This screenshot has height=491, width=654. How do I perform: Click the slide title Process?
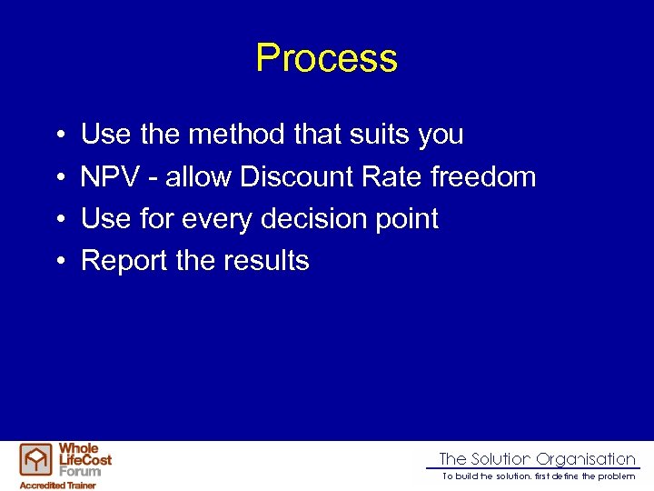pyautogui.click(x=326, y=58)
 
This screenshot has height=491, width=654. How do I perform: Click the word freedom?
pyautogui.click(x=483, y=176)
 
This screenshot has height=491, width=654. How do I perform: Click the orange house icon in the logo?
pyautogui.click(x=36, y=460)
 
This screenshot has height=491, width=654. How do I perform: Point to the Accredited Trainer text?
pyautogui.click(x=58, y=485)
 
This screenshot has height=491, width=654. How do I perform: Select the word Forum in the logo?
pyautogui.click(x=80, y=471)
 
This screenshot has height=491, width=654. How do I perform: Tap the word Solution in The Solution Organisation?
pyautogui.click(x=500, y=459)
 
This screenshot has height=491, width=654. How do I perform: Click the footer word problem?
pyautogui.click(x=617, y=476)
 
